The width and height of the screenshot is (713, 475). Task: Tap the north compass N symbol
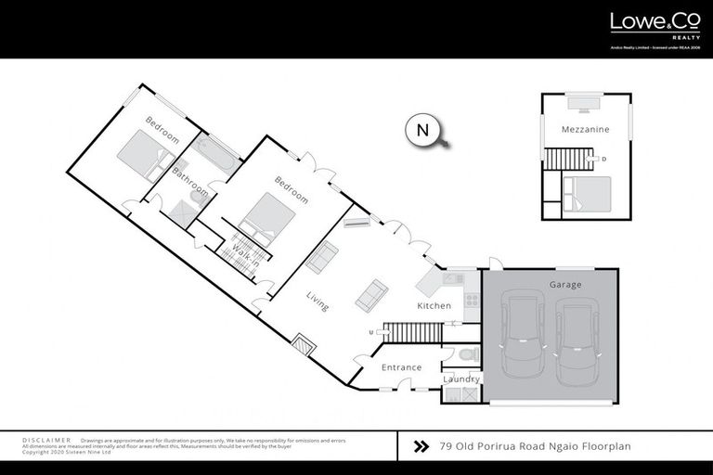pyautogui.click(x=422, y=130)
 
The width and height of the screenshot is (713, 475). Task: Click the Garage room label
pyautogui.click(x=564, y=285)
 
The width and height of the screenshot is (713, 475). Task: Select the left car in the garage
pyautogui.click(x=520, y=339)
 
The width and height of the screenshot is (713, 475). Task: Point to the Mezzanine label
pyautogui.click(x=585, y=130)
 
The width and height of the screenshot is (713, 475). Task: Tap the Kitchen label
pyautogui.click(x=434, y=305)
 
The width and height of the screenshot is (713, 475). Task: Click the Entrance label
pyautogui.click(x=402, y=367)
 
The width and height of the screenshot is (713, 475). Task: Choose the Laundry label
pyautogui.click(x=461, y=379)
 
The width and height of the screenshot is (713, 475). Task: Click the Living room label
pyautogui.click(x=318, y=301)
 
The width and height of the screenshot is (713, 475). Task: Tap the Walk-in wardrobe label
pyautogui.click(x=244, y=253)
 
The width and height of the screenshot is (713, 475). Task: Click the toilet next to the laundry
pyautogui.click(x=466, y=353)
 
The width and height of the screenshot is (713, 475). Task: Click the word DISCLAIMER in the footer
pyautogui.click(x=46, y=440)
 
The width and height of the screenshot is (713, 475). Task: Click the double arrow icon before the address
pyautogui.click(x=421, y=446)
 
